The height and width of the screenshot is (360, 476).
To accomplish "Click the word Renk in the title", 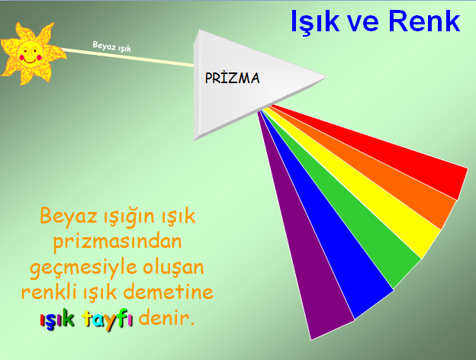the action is pyautogui.click(x=424, y=21).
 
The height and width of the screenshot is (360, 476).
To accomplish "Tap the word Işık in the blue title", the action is pyautogui.click(x=314, y=22).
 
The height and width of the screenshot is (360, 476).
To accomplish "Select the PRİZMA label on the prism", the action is pyautogui.click(x=232, y=78).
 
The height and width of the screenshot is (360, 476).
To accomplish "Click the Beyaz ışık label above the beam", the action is pyautogui.click(x=111, y=47).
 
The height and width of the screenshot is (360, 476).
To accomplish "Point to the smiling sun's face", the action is pyautogui.click(x=30, y=54).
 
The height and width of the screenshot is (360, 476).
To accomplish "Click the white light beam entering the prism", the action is pyautogui.click(x=127, y=57).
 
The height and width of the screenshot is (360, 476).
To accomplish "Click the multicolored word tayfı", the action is pyautogui.click(x=108, y=319).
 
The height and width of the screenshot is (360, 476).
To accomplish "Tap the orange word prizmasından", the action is pyautogui.click(x=117, y=242).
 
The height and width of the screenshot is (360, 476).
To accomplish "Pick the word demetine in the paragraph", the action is pyautogui.click(x=168, y=292).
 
